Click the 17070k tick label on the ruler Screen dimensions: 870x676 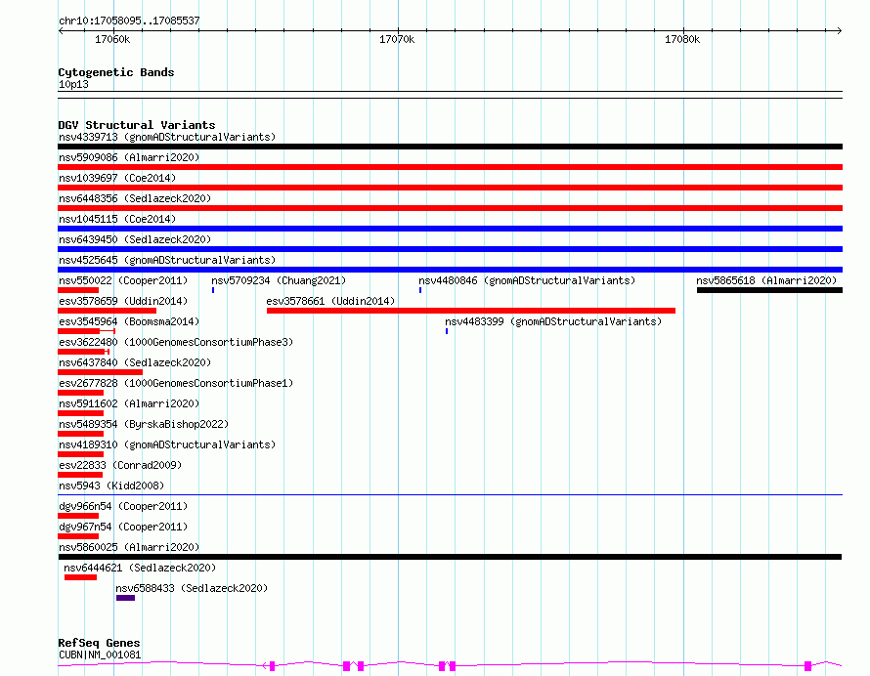point(397,39)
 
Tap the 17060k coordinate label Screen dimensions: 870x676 point(112,39)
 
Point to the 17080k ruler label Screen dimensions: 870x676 point(682,39)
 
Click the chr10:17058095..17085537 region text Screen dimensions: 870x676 point(129,21)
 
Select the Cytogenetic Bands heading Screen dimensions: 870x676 point(116,72)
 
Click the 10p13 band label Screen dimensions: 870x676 point(73,84)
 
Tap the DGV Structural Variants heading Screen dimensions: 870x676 point(137,125)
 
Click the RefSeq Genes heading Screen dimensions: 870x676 point(99,643)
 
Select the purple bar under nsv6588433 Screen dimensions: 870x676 point(125,598)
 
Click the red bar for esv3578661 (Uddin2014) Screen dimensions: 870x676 point(471,311)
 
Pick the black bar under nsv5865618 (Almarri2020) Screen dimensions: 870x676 point(769,290)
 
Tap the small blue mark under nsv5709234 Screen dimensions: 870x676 point(213,290)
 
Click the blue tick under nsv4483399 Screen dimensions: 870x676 point(447,331)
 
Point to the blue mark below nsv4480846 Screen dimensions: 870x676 point(420,290)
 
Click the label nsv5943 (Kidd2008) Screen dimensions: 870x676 point(111,486)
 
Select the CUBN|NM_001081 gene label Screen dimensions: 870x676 point(100,655)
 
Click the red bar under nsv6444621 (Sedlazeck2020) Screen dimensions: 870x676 point(80,577)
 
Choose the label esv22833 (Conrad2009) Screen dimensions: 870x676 point(120,465)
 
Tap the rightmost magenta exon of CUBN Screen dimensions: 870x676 point(807,665)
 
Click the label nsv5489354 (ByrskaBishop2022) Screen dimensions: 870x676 point(144,424)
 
